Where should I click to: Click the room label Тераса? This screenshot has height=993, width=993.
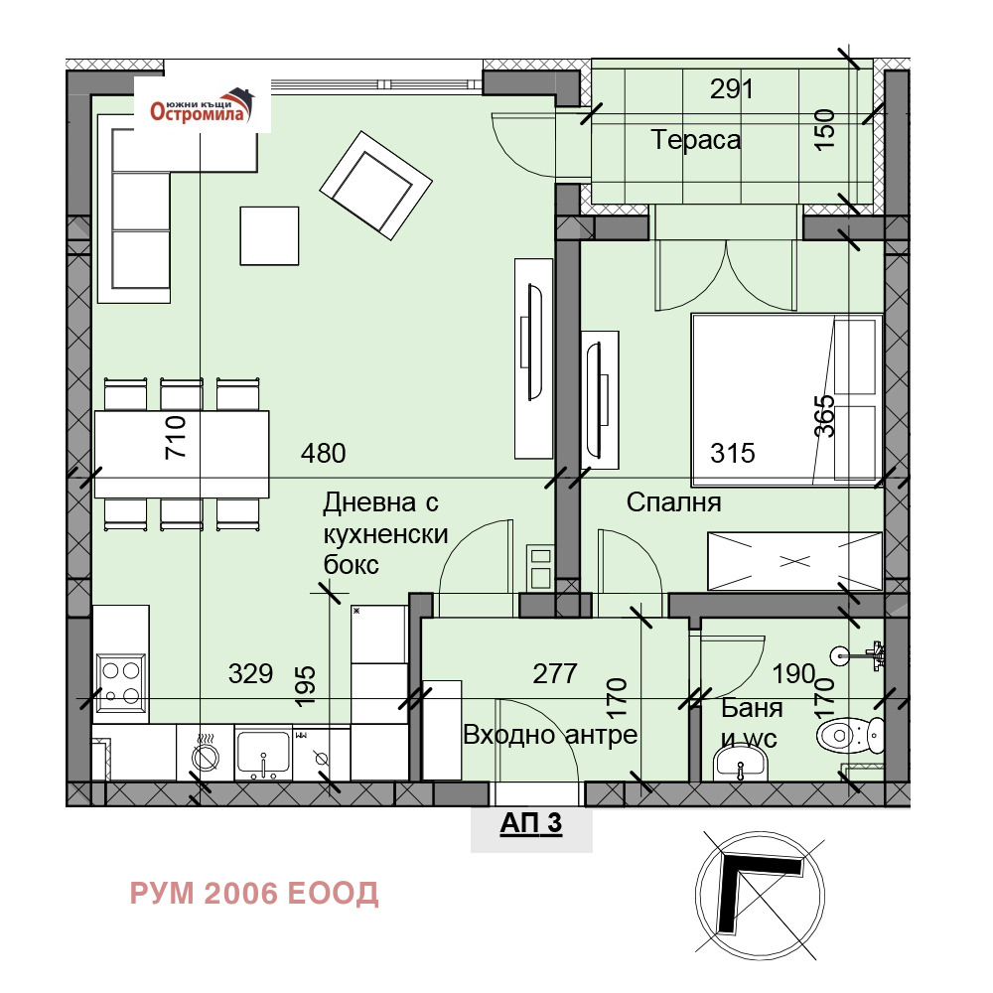tap(695, 140)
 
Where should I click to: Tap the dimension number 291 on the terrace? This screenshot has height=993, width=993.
tap(732, 89)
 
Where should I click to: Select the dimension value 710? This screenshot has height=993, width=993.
tap(176, 437)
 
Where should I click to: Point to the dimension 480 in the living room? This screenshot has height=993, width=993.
tap(323, 454)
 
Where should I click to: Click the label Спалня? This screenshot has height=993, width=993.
tap(674, 502)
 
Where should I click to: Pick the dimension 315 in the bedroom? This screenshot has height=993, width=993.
tap(733, 454)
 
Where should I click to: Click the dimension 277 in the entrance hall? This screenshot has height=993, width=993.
tap(555, 674)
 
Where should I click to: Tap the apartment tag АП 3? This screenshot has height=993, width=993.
tap(530, 823)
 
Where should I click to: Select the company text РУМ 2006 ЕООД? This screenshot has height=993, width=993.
tap(254, 894)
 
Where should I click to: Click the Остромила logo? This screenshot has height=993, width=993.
tap(202, 105)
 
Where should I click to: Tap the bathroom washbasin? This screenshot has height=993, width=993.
tap(741, 763)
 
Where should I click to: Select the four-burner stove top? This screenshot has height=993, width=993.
tap(121, 682)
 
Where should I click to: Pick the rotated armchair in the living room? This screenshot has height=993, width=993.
tap(375, 186)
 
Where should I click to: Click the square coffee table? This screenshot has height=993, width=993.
tap(269, 235)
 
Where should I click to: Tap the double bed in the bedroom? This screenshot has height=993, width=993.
tap(786, 400)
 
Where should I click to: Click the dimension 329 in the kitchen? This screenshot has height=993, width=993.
tap(251, 674)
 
